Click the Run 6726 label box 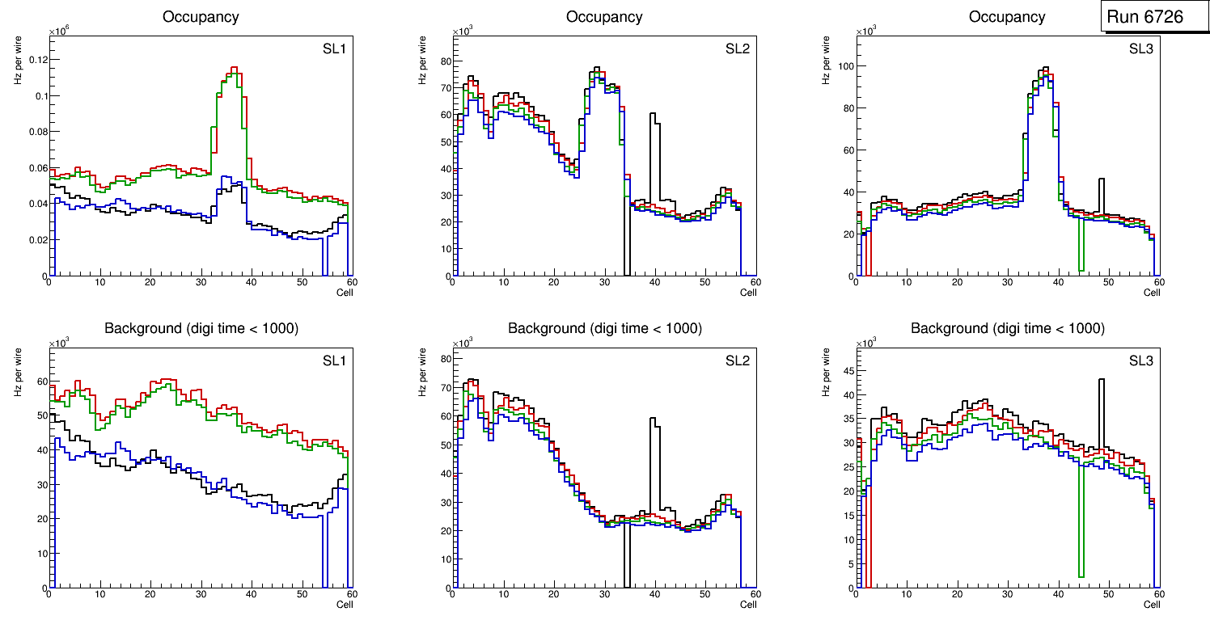[x=1144, y=17]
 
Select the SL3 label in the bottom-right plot [x=1140, y=360]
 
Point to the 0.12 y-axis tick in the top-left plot [x=37, y=60]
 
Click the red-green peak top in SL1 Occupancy [x=234, y=68]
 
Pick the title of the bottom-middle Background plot [x=604, y=328]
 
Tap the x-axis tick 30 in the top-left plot [x=201, y=282]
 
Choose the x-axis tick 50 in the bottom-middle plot [x=704, y=594]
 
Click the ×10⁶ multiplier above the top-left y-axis [x=57, y=32]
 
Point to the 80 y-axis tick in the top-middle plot [x=442, y=61]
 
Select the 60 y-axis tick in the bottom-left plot [x=39, y=381]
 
